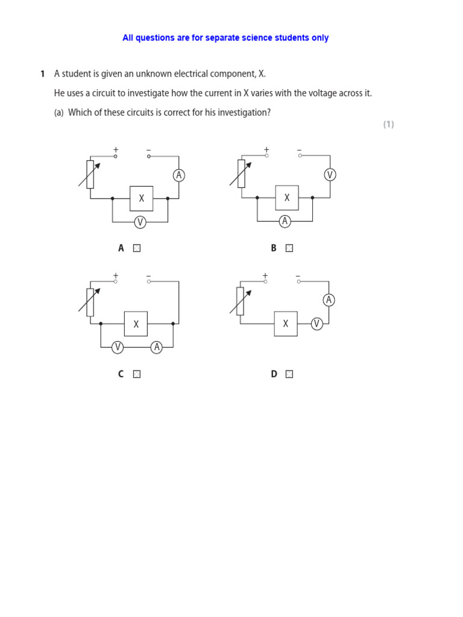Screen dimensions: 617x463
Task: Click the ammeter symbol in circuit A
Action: [178, 175]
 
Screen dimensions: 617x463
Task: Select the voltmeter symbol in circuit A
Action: [140, 222]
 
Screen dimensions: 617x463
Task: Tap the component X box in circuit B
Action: [287, 198]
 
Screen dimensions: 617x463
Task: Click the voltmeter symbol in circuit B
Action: [330, 175]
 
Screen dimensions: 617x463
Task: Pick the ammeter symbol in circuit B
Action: [285, 222]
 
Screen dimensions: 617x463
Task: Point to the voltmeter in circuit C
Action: [118, 347]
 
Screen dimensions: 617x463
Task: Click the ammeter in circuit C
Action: [157, 347]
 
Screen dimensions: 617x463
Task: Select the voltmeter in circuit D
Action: [317, 324]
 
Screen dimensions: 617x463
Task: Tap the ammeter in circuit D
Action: [329, 300]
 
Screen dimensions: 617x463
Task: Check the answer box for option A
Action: [137, 248]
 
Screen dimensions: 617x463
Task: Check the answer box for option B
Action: [289, 248]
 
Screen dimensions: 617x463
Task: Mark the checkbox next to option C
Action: [137, 374]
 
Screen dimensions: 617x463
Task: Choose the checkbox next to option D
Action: [289, 374]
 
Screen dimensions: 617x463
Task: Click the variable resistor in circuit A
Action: [90, 174]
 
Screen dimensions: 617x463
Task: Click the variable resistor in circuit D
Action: [240, 301]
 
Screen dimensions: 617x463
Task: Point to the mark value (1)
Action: [388, 125]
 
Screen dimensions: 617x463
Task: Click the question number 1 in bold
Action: [42, 74]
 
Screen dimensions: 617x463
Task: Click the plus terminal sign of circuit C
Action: [115, 275]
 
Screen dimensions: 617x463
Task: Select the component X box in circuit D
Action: [286, 324]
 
